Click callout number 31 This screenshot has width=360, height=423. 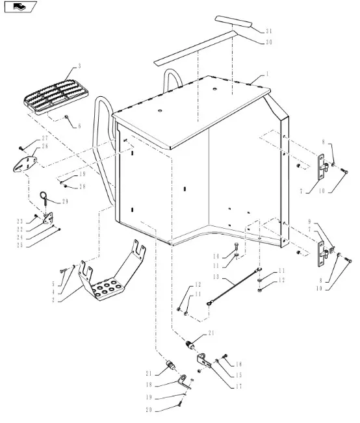[268, 31]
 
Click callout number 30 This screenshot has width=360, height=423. [268, 42]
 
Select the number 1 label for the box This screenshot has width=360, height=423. [267, 74]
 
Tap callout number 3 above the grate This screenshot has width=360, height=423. [79, 66]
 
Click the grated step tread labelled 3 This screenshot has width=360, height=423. [55, 97]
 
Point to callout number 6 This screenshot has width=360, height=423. [79, 126]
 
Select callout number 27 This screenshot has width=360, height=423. [45, 138]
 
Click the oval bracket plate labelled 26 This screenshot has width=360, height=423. [25, 164]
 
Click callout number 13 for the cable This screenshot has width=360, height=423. [216, 277]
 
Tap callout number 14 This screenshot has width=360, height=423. [216, 256]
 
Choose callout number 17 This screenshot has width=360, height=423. [238, 387]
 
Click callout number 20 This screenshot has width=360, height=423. [149, 409]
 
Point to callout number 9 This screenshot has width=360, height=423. [310, 222]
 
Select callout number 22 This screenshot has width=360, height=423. [19, 229]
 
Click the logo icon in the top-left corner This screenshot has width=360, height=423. [21, 6]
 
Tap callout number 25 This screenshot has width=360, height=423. [19, 246]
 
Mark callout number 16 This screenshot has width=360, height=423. [238, 364]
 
